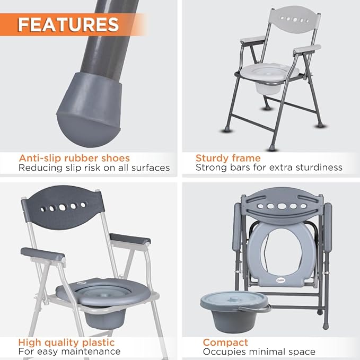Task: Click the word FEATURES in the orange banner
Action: coord(68,24)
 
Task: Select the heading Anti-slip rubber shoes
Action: coord(74,158)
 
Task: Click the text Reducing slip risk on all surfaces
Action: coord(94,168)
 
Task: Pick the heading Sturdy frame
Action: coord(228,158)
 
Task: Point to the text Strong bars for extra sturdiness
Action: coord(269,168)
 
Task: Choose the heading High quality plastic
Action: coord(66,343)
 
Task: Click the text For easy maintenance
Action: coord(69,352)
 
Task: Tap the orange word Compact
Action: coord(225,343)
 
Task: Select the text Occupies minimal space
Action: coord(259,352)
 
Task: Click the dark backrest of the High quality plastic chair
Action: coord(63,207)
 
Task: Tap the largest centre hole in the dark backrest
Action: coord(63,207)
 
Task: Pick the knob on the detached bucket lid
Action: coord(234,299)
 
